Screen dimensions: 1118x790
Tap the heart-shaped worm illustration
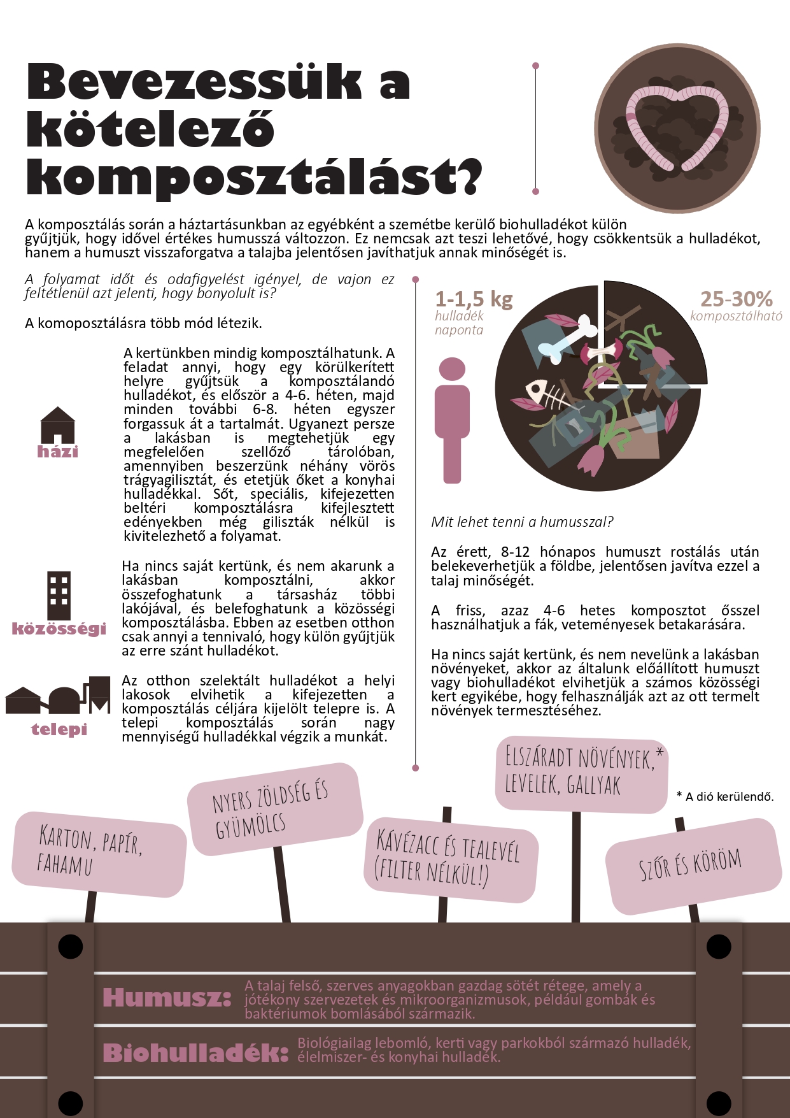(677, 128)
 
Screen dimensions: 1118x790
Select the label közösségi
(59, 629)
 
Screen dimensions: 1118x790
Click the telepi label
(59, 729)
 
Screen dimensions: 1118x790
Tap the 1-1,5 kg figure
(474, 299)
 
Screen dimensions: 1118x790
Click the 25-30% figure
(736, 299)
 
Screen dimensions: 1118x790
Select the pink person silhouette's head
(452, 369)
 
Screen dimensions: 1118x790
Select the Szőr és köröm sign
(692, 865)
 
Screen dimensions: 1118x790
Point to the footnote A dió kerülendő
(725, 796)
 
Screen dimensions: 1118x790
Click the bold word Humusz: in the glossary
(167, 998)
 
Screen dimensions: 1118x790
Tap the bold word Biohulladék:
(195, 1053)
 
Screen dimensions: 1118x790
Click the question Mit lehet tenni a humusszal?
(522, 522)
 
